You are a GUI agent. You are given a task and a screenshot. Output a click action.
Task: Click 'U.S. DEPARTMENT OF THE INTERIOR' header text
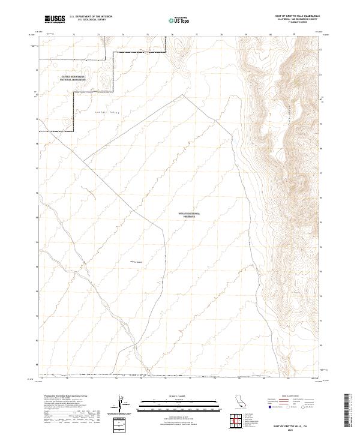91,17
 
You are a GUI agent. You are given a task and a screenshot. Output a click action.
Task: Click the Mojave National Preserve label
190,214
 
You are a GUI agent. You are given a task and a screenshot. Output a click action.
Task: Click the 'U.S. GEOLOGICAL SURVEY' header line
91,20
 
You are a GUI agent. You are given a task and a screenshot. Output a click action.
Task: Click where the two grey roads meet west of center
83,160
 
